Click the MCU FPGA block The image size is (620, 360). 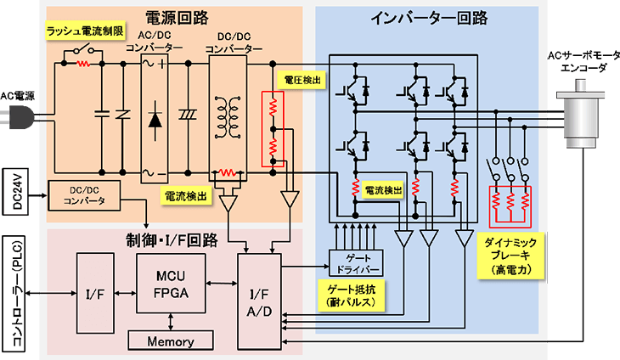pos(171,284)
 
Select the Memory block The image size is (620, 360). pos(171,340)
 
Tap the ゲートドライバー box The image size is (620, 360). pos(356,263)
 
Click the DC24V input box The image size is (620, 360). pos(15,192)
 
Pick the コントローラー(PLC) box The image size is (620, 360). pos(14,294)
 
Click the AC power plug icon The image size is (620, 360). pos(17,117)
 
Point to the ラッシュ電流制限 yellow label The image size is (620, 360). pos(85,31)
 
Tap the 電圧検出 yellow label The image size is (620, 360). pos(302,80)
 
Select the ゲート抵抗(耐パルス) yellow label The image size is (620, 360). pos(351,295)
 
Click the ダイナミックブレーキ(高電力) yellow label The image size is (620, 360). pos(510,256)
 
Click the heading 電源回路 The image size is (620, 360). pos(177,17)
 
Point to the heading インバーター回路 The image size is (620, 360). pos(429,18)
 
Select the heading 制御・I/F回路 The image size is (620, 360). pos(172,239)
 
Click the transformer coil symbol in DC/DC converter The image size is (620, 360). pos(228,117)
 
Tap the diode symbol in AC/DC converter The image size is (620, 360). pos(155,121)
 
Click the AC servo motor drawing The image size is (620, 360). pos(580,114)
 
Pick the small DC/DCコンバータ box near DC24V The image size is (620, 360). pos(84,195)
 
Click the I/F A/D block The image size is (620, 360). pos(259,302)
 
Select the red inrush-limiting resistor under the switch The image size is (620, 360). pos(83,63)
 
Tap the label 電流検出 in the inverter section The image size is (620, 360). pos(383,190)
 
